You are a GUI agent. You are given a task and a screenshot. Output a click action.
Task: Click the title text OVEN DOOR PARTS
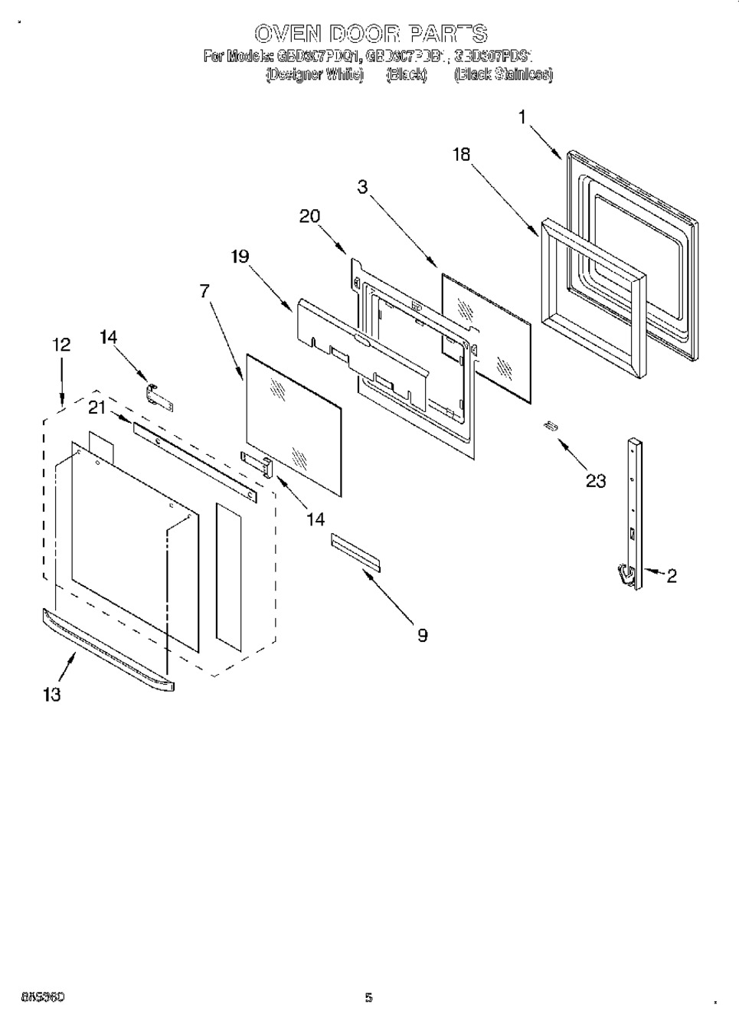(370, 34)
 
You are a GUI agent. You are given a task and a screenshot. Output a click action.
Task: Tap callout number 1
(522, 117)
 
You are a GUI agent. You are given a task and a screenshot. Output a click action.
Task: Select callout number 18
(461, 154)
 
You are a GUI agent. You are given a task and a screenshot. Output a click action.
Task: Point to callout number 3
(362, 187)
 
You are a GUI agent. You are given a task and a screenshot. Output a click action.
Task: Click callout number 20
(309, 216)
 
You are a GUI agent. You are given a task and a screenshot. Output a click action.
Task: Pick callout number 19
(240, 256)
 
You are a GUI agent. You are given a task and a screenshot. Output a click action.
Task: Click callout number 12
(60, 345)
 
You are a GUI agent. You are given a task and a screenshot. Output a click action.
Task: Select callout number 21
(96, 408)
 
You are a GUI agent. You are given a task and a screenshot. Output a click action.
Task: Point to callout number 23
(595, 480)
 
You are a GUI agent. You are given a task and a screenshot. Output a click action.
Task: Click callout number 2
(671, 576)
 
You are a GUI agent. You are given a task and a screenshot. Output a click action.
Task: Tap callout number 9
(422, 635)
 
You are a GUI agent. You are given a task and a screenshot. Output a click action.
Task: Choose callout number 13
(51, 695)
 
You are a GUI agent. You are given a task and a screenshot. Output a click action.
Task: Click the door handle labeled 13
(108, 650)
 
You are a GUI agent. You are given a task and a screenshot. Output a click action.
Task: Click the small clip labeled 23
(550, 426)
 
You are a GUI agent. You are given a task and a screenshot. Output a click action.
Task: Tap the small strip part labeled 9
(355, 551)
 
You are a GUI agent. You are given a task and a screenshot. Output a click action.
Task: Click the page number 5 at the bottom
(368, 997)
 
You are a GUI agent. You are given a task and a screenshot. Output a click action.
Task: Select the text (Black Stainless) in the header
(502, 75)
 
